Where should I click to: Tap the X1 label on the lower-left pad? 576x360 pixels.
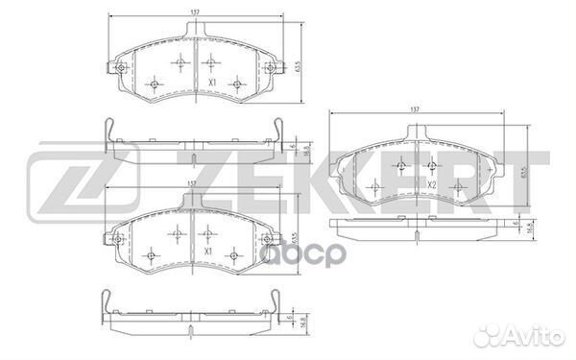[209, 252]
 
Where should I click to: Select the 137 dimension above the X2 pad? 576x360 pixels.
[415, 110]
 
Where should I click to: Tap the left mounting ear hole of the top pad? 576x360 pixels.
[119, 68]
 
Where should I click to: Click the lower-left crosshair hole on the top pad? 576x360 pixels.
[154, 84]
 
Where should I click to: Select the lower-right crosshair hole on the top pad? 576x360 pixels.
[235, 84]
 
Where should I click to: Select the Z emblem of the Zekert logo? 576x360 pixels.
[59, 182]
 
